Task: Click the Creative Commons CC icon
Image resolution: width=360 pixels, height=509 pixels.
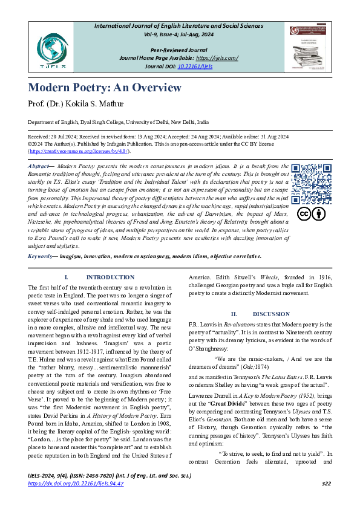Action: click(x=304, y=214)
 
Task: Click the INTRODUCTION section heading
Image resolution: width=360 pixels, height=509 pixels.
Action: click(x=110, y=277)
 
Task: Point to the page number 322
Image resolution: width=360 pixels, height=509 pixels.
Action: click(x=326, y=484)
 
